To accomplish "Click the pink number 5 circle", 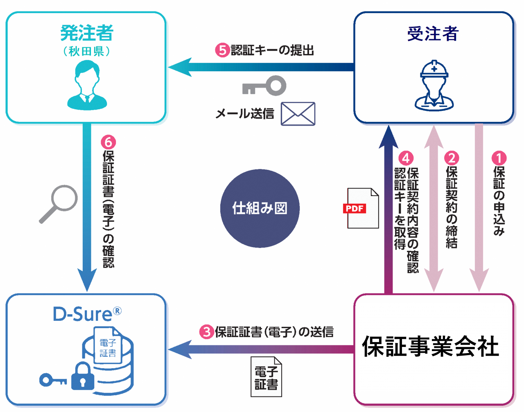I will coord(222,50).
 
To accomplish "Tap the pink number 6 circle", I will coord(108,142).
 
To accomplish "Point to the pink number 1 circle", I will coord(499,158).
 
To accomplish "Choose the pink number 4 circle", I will coord(406,158).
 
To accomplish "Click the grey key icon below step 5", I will coord(264,86).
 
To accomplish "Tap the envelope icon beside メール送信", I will coord(298,114).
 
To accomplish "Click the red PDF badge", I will coord(354,208).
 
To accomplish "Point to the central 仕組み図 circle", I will coord(260,208).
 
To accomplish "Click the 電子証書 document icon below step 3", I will coord(267,377).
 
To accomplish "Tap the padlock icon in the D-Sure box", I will coord(83,376).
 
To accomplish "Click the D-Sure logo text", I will coord(82,314).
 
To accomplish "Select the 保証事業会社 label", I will coord(430,346).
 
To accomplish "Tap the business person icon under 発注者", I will coord(87,86).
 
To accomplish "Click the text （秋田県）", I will coord(87,52).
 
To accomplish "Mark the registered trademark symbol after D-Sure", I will coord(117,311).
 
